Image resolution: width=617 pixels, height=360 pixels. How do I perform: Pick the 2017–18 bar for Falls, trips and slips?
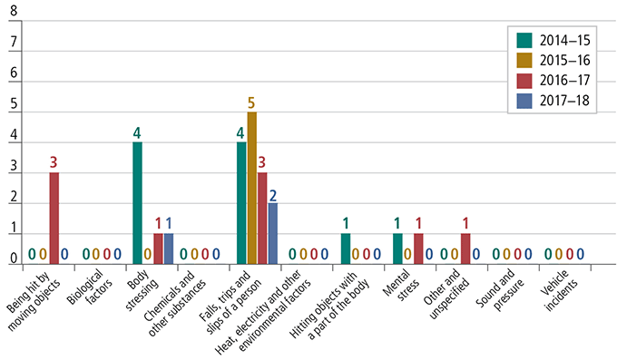click(x=272, y=234)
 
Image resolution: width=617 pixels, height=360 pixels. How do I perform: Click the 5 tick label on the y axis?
click(x=13, y=112)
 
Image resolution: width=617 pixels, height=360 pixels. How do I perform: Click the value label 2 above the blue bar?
click(x=272, y=193)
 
